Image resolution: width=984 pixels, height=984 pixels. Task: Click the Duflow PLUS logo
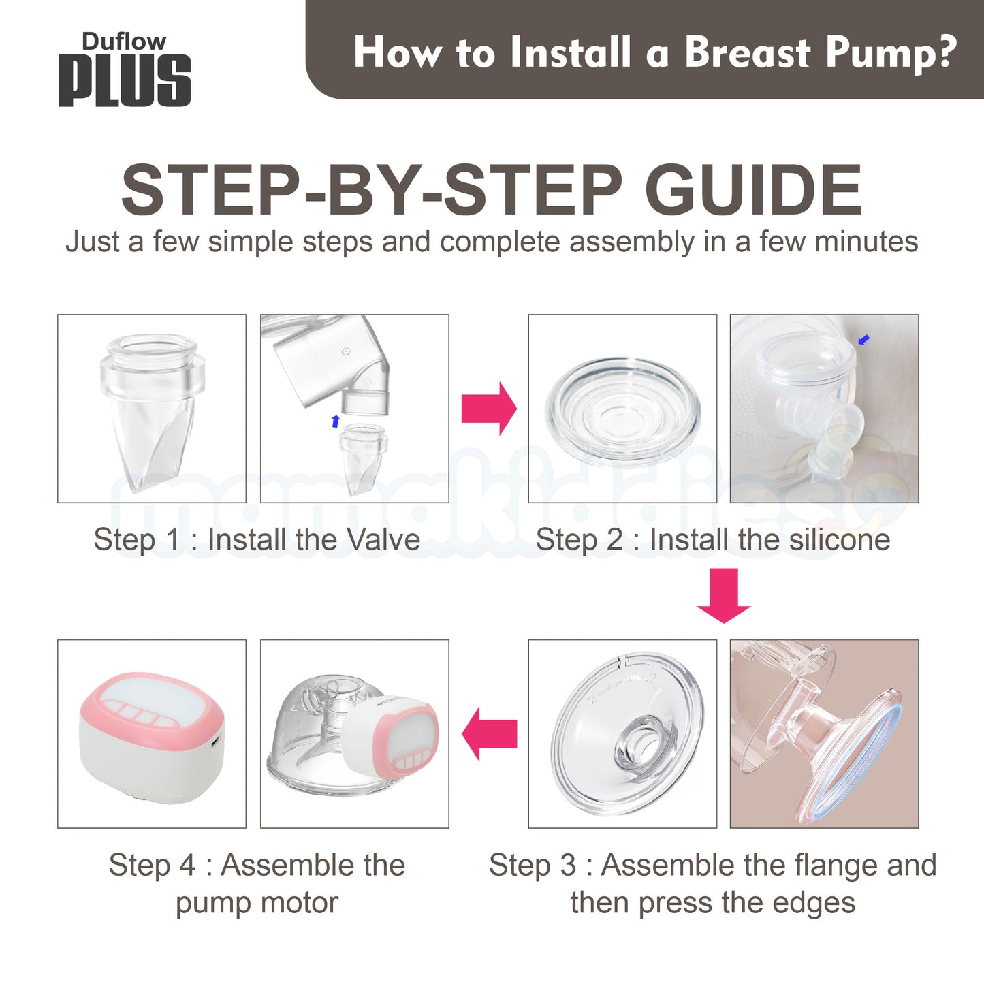125,69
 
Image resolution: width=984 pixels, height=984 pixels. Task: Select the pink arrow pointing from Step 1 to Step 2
489,409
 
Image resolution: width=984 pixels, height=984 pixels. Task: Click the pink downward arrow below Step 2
724,595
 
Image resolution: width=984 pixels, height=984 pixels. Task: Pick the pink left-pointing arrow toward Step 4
489,734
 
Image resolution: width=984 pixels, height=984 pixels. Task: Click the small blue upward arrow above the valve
336,421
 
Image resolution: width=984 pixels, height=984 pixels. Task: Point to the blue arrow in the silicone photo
863,340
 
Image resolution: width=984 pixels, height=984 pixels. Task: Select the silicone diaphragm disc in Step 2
622,411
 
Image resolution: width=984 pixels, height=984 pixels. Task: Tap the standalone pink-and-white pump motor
152,737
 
